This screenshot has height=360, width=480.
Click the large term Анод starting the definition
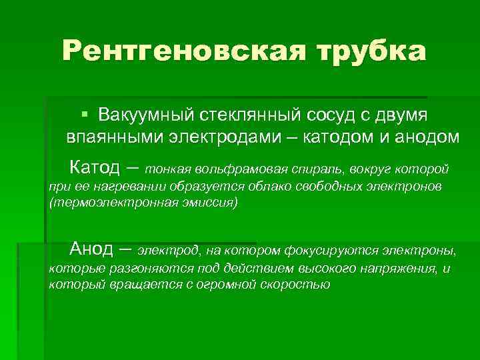coord(92,249)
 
